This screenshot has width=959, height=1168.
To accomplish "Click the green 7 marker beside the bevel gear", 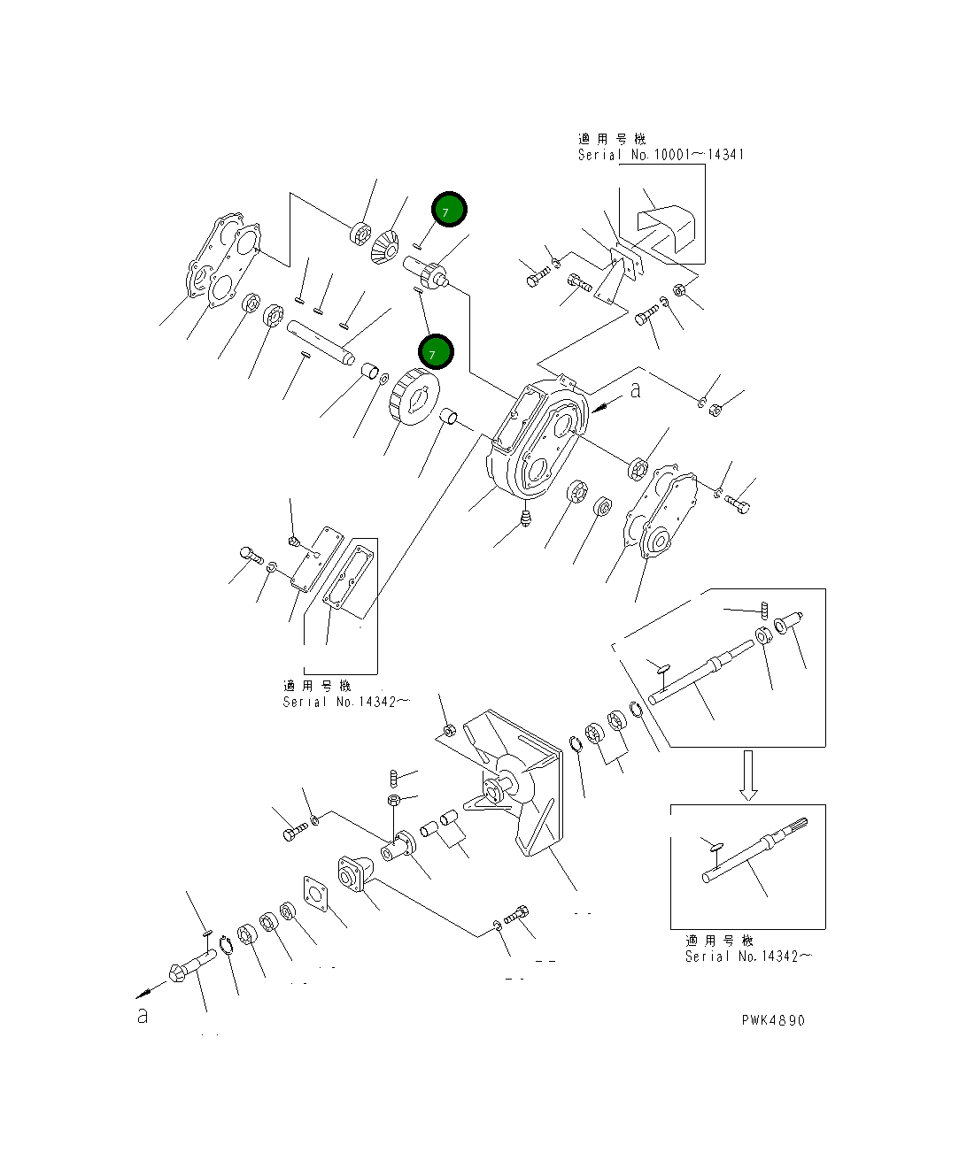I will [449, 211].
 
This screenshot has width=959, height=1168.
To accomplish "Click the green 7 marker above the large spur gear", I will [436, 352].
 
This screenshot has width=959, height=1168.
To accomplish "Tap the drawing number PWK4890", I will [773, 1020].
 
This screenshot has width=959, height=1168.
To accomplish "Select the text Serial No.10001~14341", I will [661, 155].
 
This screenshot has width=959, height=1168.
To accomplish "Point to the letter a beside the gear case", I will [635, 390].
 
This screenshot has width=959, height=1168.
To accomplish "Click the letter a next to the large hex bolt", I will [143, 1016].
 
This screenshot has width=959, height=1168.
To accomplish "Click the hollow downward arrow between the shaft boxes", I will [748, 775].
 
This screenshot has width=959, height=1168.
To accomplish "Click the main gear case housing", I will [536, 438].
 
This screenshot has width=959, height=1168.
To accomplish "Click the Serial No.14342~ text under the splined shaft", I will [748, 957].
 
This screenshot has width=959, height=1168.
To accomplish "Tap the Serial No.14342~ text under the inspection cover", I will [346, 702].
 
